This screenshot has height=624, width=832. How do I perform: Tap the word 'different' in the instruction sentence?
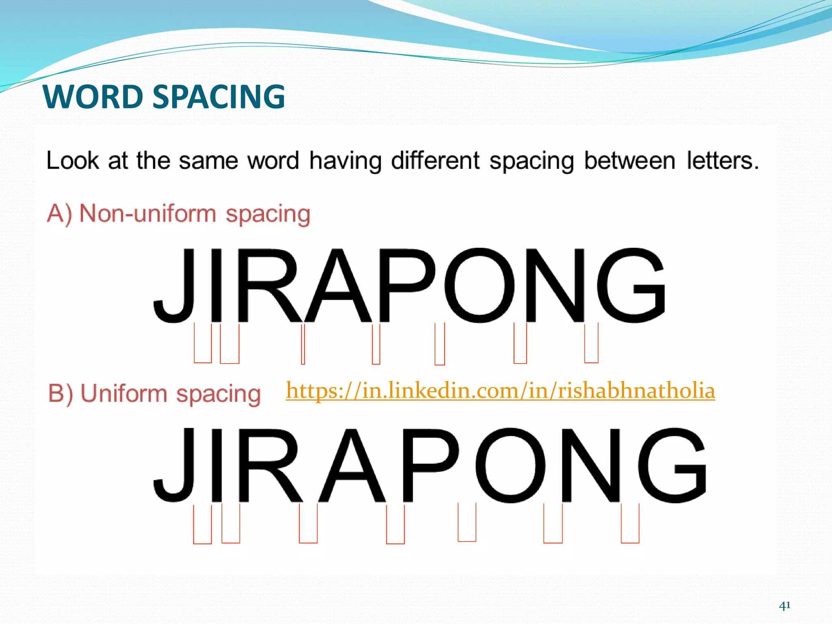click(x=435, y=160)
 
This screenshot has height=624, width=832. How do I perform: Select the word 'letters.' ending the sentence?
click(x=722, y=160)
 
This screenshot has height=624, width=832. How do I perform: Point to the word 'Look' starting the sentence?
click(x=73, y=160)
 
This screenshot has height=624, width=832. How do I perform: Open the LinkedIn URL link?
click(x=500, y=391)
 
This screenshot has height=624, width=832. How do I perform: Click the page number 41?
click(x=784, y=606)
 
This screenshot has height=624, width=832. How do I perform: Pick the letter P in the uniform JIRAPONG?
click(x=430, y=466)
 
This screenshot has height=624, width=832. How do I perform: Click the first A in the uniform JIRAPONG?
click(x=352, y=466)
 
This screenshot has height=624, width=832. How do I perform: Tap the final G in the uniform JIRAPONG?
click(x=672, y=466)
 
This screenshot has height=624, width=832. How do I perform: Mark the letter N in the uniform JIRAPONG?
click(x=591, y=466)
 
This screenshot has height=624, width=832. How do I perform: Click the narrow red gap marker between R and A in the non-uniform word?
click(x=303, y=344)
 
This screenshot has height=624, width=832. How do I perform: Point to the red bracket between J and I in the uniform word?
click(x=202, y=524)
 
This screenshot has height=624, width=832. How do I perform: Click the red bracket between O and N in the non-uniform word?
click(x=520, y=343)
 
